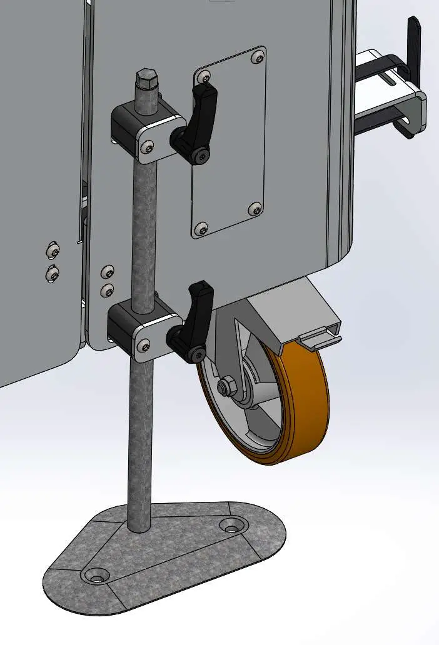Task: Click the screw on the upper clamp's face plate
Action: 146,147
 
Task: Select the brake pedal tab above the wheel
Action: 320,338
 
